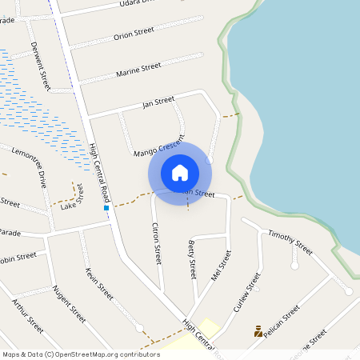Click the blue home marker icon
180,173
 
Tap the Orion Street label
133,34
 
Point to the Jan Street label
158,102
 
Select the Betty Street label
192,258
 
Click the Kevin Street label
99,282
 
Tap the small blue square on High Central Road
106,208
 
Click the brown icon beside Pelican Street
258,330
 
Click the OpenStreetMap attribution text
81,354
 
